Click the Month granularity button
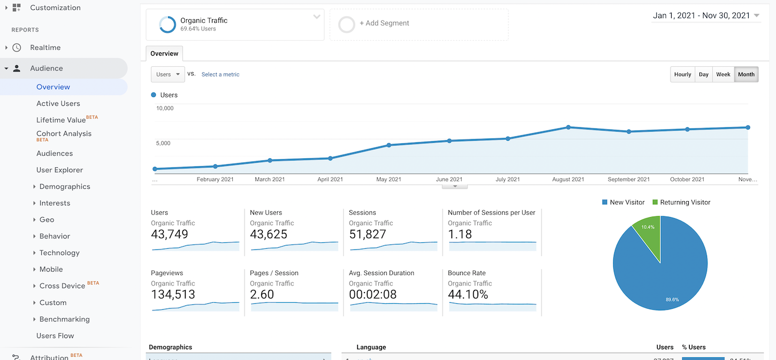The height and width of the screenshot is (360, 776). (x=746, y=74)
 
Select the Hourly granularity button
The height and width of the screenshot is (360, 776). (x=682, y=74)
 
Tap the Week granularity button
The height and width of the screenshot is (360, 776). (x=723, y=74)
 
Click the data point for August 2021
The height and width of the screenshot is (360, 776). (x=568, y=127)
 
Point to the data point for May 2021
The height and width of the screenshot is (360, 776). (x=389, y=145)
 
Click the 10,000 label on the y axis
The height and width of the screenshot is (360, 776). (x=165, y=108)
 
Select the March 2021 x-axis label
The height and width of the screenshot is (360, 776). (x=270, y=179)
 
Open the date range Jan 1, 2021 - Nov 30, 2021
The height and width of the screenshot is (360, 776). (x=706, y=16)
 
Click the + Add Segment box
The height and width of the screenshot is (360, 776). (x=419, y=24)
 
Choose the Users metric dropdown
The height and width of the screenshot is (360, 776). (x=168, y=74)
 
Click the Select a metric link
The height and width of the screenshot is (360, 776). (x=220, y=74)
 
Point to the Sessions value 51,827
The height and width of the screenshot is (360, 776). (x=368, y=234)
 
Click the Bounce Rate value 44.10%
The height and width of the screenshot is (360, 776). (x=468, y=295)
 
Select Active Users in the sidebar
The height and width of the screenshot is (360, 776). (x=58, y=103)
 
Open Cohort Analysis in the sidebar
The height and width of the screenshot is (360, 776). (x=64, y=134)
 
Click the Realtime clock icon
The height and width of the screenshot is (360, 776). (x=17, y=48)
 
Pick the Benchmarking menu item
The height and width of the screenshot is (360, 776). (x=64, y=319)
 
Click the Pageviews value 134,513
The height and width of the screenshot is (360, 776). (x=173, y=295)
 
